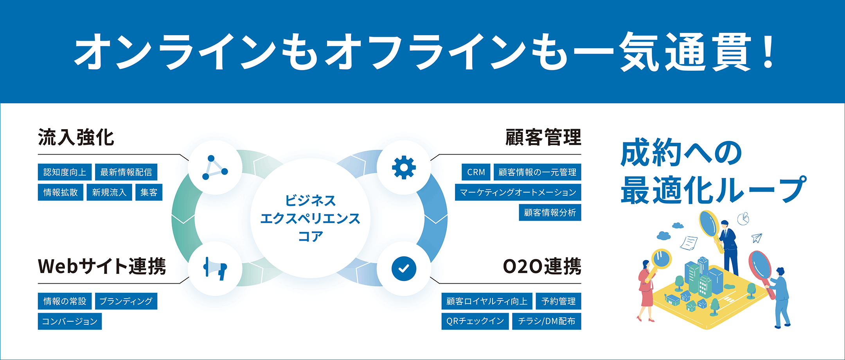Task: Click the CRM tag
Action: pos(476,172)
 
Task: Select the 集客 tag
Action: pos(149,193)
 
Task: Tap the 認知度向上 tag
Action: pos(65,172)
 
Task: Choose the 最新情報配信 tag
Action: pos(126,172)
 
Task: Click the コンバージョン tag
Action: pos(70,322)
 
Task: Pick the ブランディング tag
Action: pos(126,301)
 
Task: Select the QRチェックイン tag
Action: pos(475,321)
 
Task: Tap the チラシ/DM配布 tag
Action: pos(547,321)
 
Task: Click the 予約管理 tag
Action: pos(558,301)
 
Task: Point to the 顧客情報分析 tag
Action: pos(550,212)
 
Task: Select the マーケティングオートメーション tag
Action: pos(518,193)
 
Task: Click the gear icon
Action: pos(404,167)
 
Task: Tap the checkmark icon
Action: pos(404,269)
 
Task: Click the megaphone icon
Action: pos(215,269)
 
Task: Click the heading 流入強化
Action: pos(76,138)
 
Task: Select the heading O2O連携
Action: pos(542,266)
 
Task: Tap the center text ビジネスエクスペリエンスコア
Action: pos(310,218)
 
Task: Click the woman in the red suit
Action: pos(646,290)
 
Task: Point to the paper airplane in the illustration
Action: pos(757,238)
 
